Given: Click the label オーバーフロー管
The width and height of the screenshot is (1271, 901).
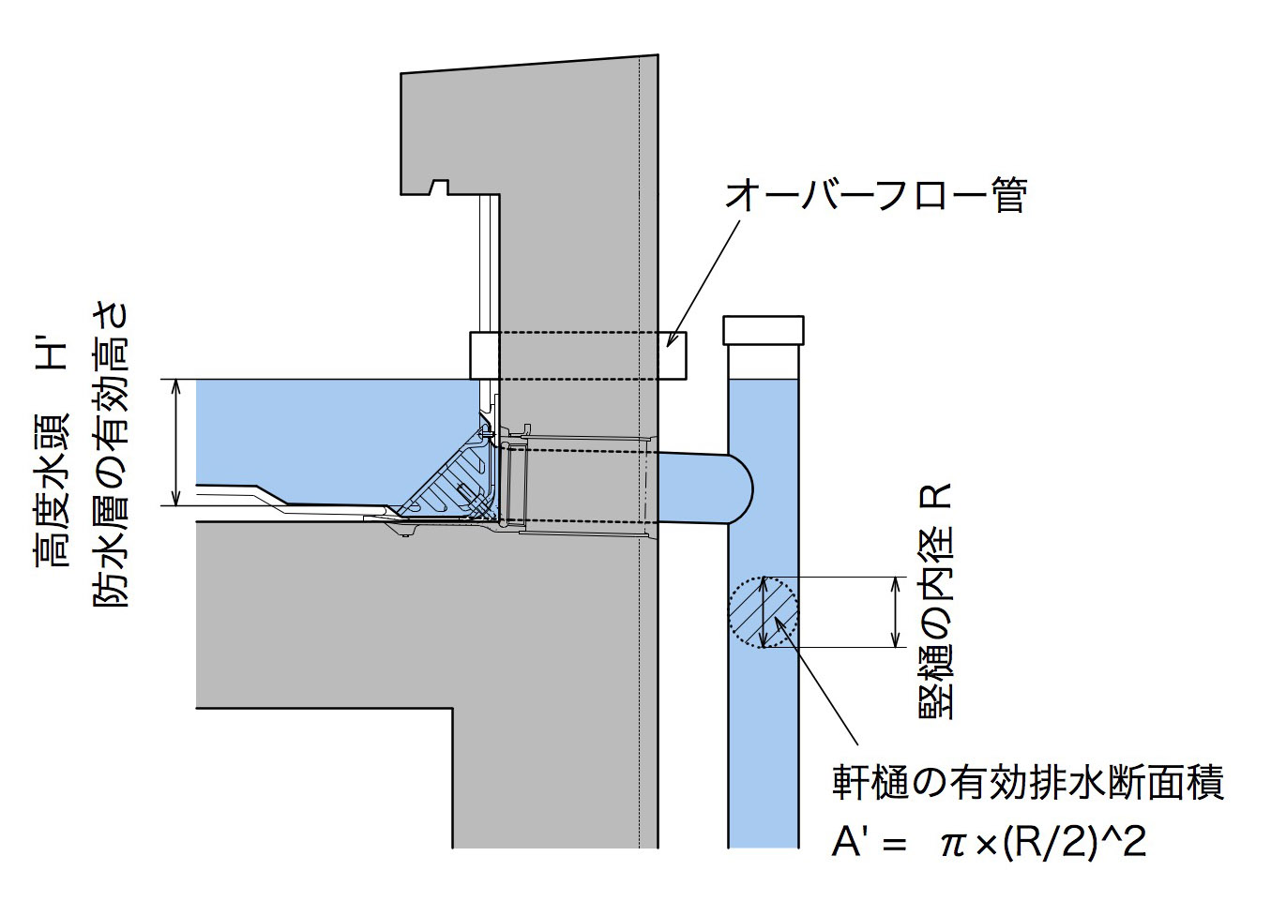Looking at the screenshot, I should click(x=875, y=195).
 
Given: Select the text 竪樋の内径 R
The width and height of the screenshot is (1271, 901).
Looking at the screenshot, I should click(x=935, y=601).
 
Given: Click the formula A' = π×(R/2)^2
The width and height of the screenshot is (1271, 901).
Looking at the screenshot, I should click(x=989, y=842).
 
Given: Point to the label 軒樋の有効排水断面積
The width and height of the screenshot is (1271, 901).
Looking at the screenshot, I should click(x=1028, y=782).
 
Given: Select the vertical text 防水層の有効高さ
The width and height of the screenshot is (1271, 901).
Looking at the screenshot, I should click(x=111, y=454).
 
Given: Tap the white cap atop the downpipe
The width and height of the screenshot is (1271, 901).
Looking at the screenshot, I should click(x=764, y=330).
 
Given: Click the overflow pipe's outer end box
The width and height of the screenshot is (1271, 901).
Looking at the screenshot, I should click(x=672, y=355).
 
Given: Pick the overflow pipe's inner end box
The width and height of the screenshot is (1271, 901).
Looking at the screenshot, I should click(x=484, y=355).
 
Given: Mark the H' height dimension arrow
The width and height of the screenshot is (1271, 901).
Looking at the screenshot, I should click(x=175, y=442).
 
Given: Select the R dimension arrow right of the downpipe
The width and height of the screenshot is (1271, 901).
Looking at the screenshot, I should click(x=896, y=611).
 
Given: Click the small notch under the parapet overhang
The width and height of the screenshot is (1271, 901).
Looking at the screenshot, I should click(x=437, y=186).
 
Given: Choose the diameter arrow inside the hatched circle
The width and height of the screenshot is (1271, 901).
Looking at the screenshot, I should click(x=764, y=611).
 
